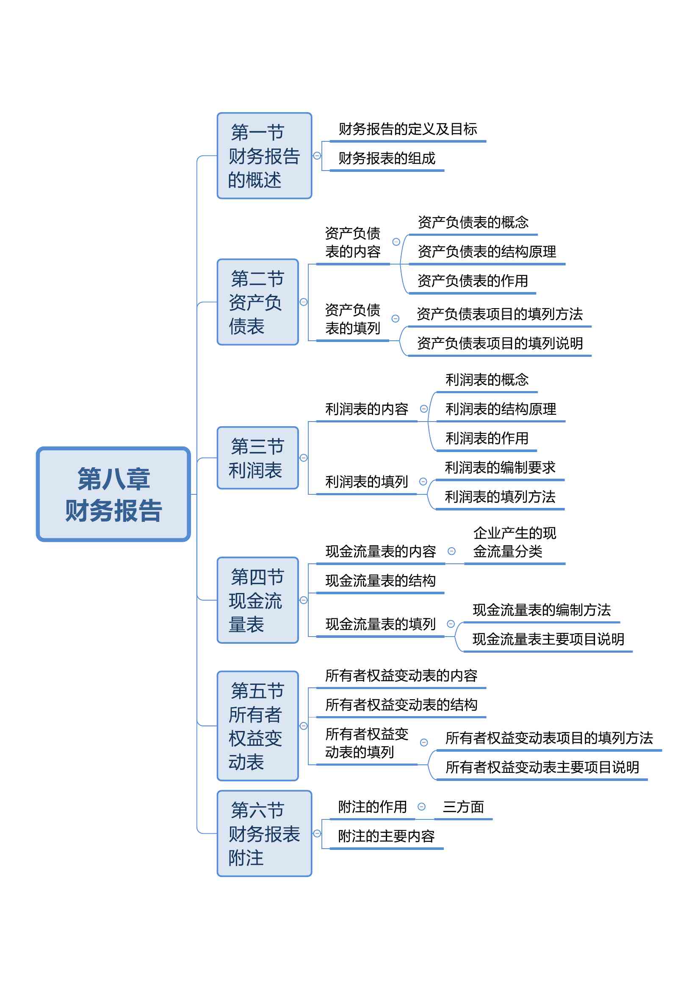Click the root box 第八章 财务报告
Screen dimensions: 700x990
tap(113, 494)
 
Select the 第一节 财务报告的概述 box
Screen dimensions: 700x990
tap(264, 156)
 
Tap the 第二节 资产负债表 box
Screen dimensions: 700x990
tap(258, 302)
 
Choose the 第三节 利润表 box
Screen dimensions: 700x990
tap(258, 458)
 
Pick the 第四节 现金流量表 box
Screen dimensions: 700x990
tap(258, 600)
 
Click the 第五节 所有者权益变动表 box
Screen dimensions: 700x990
tap(258, 726)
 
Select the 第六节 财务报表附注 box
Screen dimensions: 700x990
tap(264, 833)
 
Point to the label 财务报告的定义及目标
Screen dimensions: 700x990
tap(408, 129)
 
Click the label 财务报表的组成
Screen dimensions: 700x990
tap(387, 158)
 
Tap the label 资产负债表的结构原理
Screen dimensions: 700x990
tap(487, 251)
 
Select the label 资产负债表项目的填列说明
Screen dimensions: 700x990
tap(500, 343)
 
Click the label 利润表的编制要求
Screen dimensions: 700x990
tap(500, 467)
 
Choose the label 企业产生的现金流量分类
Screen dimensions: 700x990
tap(515, 543)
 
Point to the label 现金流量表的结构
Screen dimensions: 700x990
tap(380, 581)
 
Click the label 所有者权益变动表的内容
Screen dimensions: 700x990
tap(401, 675)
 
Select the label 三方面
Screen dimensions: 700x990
tap(463, 807)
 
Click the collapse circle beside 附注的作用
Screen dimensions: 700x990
tap(422, 807)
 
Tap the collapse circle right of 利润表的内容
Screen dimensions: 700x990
tap(424, 409)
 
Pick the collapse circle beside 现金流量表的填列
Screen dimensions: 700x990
tap(451, 624)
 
